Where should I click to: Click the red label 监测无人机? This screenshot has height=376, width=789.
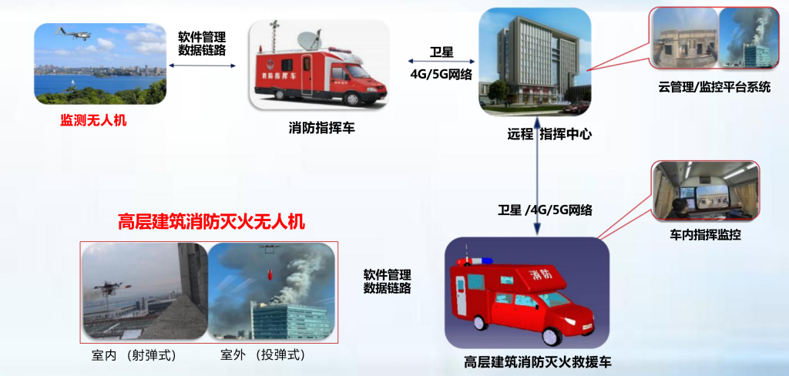93,121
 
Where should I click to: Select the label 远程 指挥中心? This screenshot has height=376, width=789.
549,134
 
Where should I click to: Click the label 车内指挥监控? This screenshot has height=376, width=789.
705,234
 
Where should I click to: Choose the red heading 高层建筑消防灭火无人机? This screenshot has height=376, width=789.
211,222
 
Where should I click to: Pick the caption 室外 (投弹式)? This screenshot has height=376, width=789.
264,355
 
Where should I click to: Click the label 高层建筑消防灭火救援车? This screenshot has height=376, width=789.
538,362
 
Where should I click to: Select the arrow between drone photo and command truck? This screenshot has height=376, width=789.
203,65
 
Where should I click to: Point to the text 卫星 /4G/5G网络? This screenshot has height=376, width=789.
545,210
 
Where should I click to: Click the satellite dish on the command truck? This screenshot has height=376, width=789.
311,40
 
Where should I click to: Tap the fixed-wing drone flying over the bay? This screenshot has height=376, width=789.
73,34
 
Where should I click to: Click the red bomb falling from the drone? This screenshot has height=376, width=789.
269,276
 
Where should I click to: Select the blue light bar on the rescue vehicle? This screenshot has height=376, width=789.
475,261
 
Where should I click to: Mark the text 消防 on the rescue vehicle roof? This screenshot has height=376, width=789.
541,275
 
